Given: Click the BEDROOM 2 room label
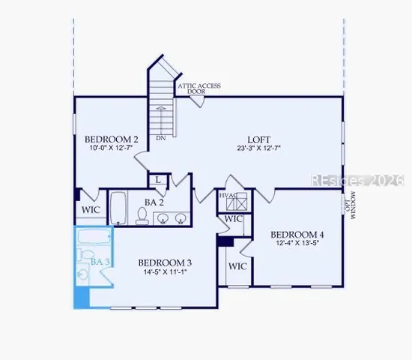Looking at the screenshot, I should pyautogui.click(x=111, y=139).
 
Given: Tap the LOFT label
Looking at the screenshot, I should pyautogui.click(x=259, y=139).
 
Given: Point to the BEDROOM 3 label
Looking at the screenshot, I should pyautogui.click(x=165, y=262).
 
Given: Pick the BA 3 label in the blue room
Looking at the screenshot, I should pyautogui.click(x=100, y=262).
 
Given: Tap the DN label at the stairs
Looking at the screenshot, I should pyautogui.click(x=161, y=139).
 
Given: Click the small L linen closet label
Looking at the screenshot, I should pyautogui.click(x=159, y=180).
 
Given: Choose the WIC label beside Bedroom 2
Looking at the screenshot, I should pyautogui.click(x=91, y=210).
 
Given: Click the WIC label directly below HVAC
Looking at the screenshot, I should pyautogui.click(x=234, y=219).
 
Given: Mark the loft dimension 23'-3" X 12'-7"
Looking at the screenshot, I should pyautogui.click(x=259, y=149).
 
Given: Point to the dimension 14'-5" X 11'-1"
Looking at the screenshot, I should pyautogui.click(x=165, y=272).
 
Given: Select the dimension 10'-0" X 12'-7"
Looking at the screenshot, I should pyautogui.click(x=111, y=148).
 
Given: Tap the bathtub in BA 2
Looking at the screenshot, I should pyautogui.click(x=119, y=208).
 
